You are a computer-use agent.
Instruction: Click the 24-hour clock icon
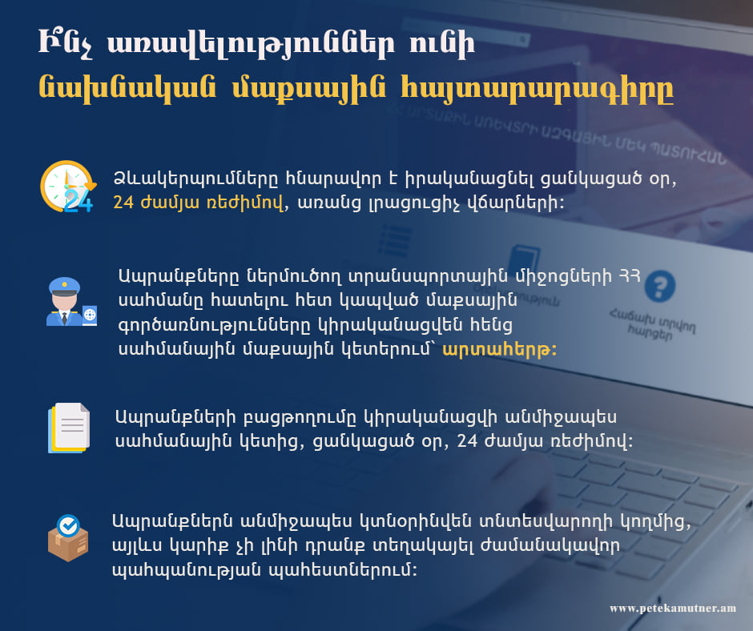pyautogui.click(x=68, y=187)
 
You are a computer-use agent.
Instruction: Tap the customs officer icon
pyautogui.click(x=71, y=302)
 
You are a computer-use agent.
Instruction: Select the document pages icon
pyautogui.click(x=69, y=428)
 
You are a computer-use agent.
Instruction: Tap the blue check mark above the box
pyautogui.click(x=68, y=526)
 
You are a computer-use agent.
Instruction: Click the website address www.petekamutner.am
pyautogui.click(x=673, y=609)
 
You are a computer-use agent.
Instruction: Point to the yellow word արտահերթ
pyautogui.click(x=499, y=349)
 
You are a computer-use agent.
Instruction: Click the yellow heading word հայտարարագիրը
pyautogui.click(x=537, y=90)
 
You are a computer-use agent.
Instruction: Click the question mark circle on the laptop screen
pyautogui.click(x=660, y=286)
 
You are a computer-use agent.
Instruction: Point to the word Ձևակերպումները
pyautogui.click(x=195, y=179)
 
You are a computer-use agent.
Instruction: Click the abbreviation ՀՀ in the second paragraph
pyautogui.click(x=630, y=275)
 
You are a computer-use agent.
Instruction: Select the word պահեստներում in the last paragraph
pyautogui.click(x=343, y=570)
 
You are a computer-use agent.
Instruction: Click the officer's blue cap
pyautogui.click(x=64, y=286)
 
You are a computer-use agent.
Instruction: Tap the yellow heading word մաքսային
pyautogui.click(x=308, y=90)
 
